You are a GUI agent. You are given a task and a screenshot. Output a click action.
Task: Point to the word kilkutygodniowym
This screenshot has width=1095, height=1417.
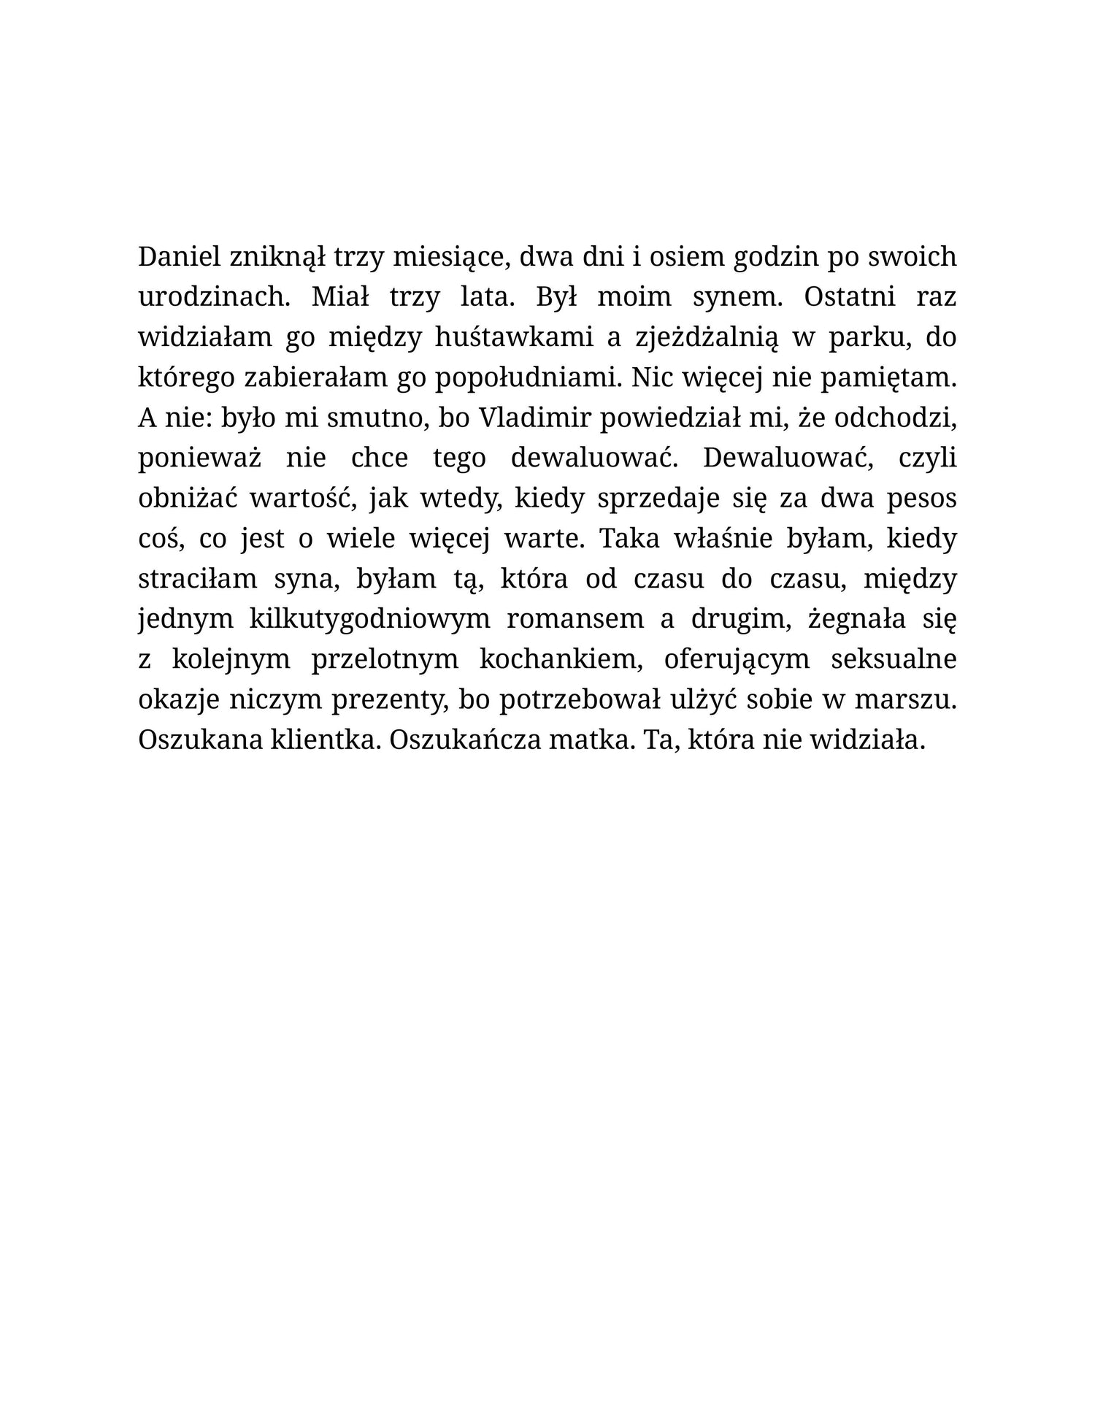pos(369,618)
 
